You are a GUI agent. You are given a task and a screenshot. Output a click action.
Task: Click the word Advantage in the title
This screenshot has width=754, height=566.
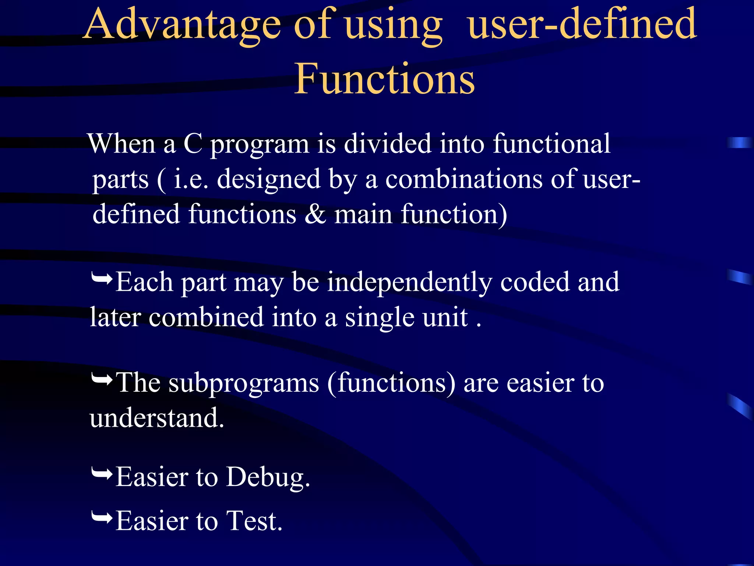click(x=182, y=25)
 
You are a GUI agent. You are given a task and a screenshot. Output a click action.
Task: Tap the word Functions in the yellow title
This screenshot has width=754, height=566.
click(x=384, y=79)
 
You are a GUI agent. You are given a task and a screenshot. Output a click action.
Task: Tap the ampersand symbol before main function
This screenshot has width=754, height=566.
click(x=315, y=214)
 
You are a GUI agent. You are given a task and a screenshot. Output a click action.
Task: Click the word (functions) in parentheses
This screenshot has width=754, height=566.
click(x=391, y=383)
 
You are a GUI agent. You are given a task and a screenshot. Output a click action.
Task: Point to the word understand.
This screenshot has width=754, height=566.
click(x=156, y=418)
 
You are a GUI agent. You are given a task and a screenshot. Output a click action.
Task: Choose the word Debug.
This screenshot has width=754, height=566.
click(x=268, y=478)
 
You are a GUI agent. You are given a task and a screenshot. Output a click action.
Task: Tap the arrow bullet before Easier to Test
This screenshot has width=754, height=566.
click(x=102, y=517)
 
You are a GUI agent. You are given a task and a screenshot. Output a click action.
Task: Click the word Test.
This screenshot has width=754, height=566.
click(x=254, y=521)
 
